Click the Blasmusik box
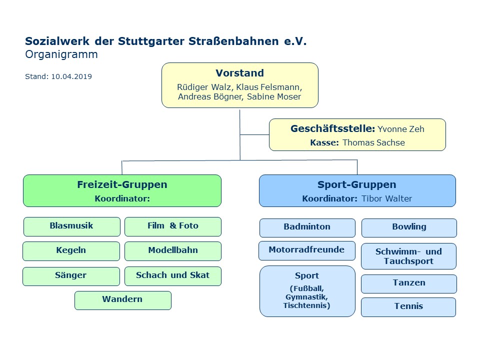tap(72, 226)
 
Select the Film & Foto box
tap(173, 226)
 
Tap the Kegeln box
tap(71, 251)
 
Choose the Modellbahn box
tap(173, 251)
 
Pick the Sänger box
tap(71, 276)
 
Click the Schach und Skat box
tap(173, 276)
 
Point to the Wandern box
tap(123, 300)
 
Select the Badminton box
tap(307, 228)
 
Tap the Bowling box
tap(409, 228)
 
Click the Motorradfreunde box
tap(307, 250)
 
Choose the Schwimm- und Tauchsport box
tap(408, 256)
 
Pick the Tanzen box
tap(409, 284)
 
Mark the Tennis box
tap(408, 307)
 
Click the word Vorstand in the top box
tap(239, 73)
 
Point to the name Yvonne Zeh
tap(400, 129)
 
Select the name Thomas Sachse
tap(373, 142)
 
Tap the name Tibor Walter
tap(386, 198)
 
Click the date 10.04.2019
tap(71, 76)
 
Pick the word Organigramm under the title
tap(61, 54)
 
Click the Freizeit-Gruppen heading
tap(122, 184)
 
